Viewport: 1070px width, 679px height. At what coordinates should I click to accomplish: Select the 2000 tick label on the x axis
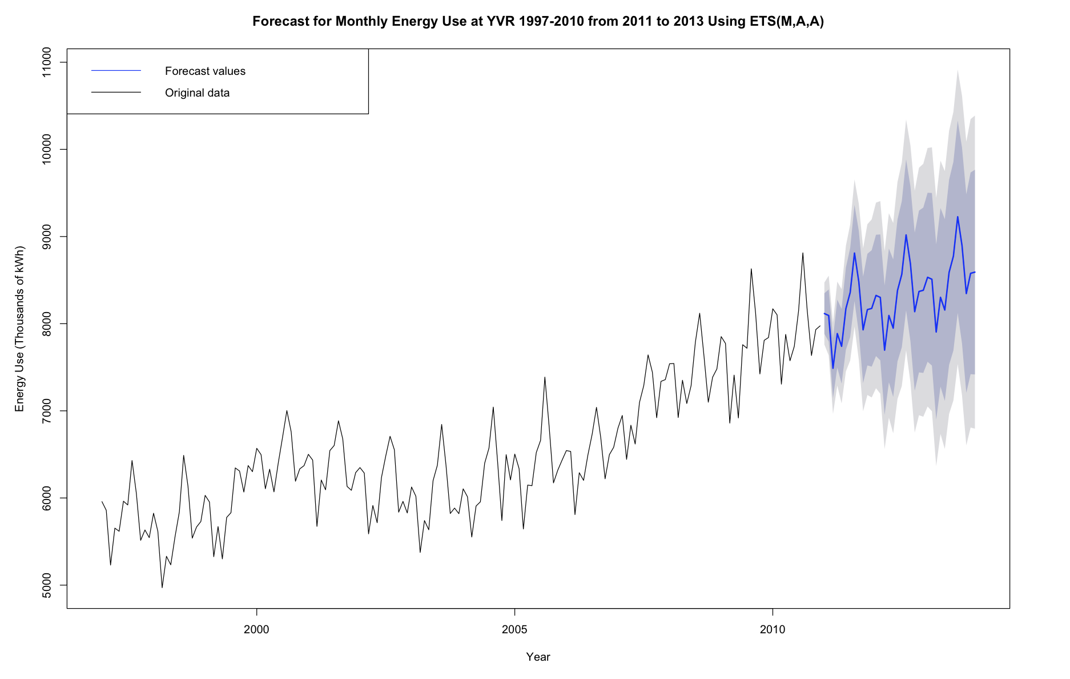tap(256, 629)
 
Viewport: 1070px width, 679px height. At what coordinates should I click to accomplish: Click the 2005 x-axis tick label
tap(514, 629)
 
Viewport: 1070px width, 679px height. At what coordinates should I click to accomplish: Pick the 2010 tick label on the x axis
tap(773, 629)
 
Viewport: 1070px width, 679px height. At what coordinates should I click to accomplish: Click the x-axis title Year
tap(538, 657)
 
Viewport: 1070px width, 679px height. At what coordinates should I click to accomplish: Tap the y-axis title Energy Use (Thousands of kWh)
tap(20, 329)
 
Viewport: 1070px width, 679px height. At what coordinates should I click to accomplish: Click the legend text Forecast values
tap(205, 71)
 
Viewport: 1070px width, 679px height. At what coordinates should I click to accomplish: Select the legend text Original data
tap(197, 93)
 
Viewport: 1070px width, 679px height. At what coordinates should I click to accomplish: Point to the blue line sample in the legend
tap(116, 70)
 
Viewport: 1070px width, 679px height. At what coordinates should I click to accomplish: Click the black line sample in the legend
tap(116, 92)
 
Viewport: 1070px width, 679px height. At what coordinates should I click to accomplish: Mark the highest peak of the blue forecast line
tap(958, 217)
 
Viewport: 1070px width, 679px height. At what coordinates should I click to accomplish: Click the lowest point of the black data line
tap(162, 587)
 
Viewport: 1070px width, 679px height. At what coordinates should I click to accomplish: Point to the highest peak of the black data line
tap(803, 253)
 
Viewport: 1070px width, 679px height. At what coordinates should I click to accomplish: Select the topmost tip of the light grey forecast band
tap(958, 70)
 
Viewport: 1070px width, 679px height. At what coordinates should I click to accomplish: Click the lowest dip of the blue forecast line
tap(833, 368)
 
